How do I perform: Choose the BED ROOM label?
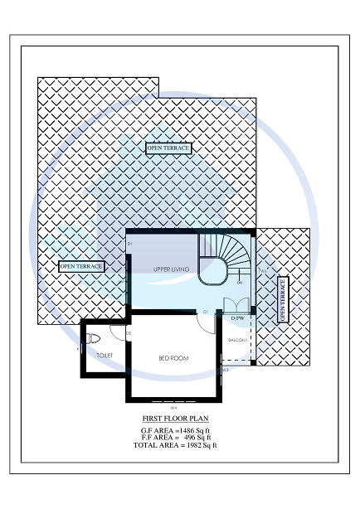[x=173, y=358]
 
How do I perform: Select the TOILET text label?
[x=105, y=356]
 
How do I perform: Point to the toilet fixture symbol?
[x=94, y=338]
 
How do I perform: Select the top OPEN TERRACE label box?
[x=168, y=148]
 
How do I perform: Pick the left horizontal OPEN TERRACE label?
[x=81, y=267]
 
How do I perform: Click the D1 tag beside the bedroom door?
[x=204, y=311]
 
